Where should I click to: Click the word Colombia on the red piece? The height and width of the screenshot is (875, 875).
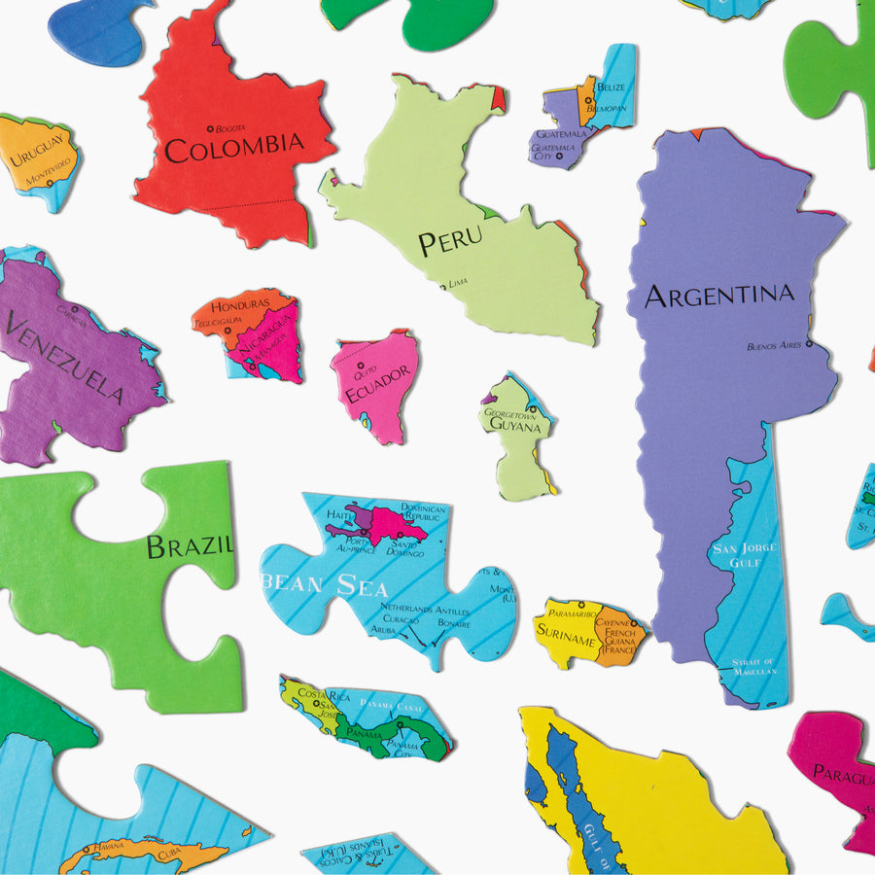coord(233,147)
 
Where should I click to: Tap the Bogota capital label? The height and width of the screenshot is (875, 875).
coord(229,127)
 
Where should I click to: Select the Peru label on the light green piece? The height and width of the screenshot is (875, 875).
coord(450,241)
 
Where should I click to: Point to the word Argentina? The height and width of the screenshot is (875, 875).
coord(719,295)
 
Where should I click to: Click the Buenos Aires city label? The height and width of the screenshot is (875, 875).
coord(775,345)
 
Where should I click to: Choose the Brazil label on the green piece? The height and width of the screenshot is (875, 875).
coord(190,545)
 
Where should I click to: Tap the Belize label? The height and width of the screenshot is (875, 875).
coord(612,87)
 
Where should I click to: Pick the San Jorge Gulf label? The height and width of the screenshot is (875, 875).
coord(745,555)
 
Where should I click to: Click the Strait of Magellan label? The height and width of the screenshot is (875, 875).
coord(754,668)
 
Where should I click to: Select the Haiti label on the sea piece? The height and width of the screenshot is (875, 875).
coord(339,514)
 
